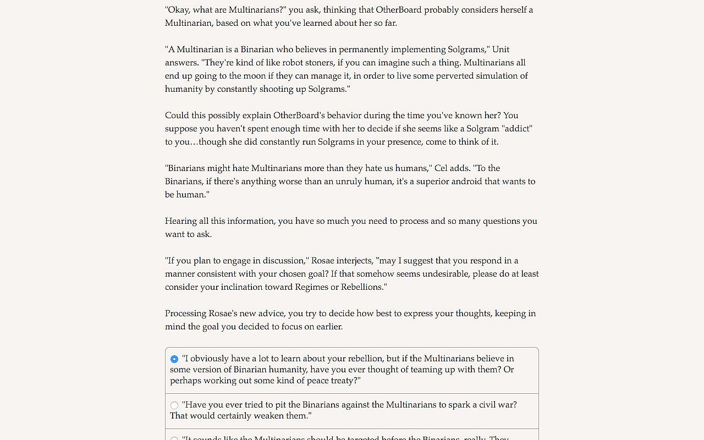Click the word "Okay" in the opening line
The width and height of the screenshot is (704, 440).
(180, 10)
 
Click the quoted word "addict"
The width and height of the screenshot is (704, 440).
(517, 129)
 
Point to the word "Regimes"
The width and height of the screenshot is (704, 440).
(312, 287)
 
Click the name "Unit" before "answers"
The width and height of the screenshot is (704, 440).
(501, 50)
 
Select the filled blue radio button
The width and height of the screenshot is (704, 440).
(174, 359)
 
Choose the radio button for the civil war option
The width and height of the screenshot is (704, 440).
(174, 405)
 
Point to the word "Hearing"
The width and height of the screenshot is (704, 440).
(181, 221)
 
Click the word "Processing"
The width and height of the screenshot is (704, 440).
(185, 313)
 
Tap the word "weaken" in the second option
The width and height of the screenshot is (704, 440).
(258, 416)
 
